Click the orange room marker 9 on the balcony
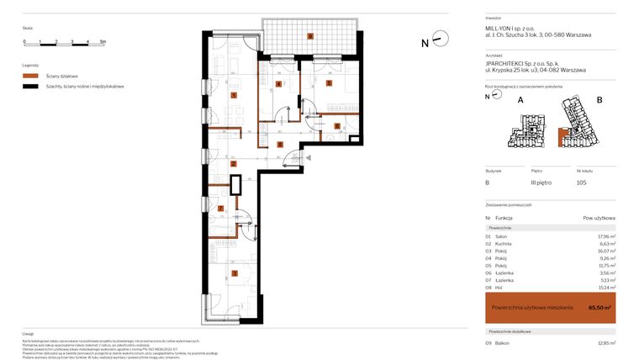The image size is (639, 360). [x=310, y=36]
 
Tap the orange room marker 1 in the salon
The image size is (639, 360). [x=234, y=96]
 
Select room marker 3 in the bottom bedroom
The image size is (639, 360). [x=235, y=273]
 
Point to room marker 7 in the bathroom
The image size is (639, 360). [x=221, y=209]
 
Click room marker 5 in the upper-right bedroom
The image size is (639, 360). [x=329, y=82]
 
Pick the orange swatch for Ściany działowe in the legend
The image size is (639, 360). [x=31, y=75]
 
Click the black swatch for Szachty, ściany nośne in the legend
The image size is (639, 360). [x=31, y=86]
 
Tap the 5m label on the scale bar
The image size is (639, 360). [x=102, y=40]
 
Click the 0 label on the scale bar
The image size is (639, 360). [x=24, y=40]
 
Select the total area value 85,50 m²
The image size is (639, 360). [x=600, y=308]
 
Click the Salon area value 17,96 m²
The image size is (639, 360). [x=605, y=236]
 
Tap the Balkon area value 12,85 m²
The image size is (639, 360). [x=605, y=343]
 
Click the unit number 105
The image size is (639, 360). [x=581, y=183]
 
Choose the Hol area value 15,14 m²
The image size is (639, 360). [x=605, y=288]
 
